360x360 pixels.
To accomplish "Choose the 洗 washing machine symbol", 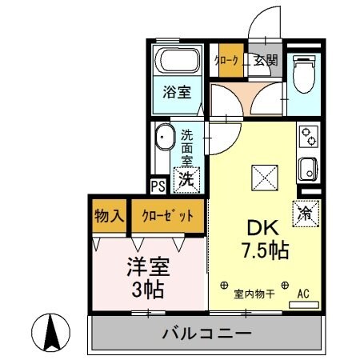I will coord(186,179).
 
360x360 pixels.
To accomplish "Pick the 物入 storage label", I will coord(107,216).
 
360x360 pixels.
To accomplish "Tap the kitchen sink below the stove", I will coord(307,169).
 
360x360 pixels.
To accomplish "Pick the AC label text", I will coord(303,294).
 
